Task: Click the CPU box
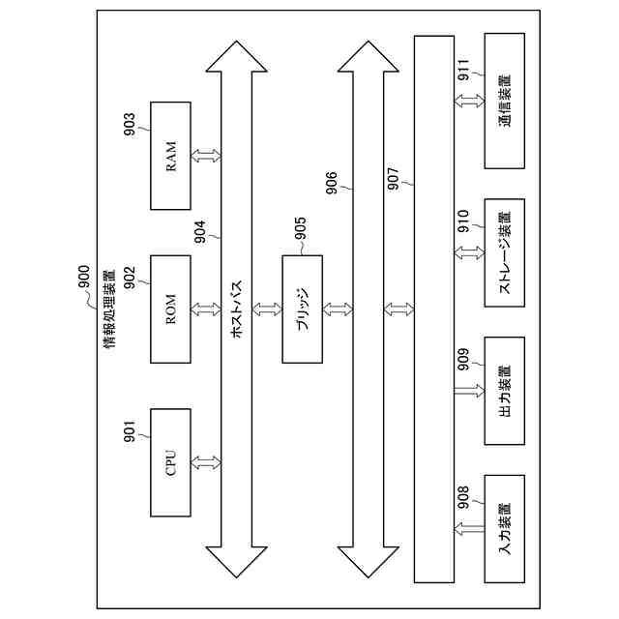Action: click(171, 462)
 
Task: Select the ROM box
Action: click(171, 309)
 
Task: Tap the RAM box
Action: click(171, 155)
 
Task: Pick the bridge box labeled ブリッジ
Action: click(302, 309)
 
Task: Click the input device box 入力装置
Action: click(504, 528)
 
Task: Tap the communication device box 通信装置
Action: click(504, 100)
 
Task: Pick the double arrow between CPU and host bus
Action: click(206, 462)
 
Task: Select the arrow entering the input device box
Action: click(469, 528)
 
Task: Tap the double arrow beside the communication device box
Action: click(469, 100)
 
